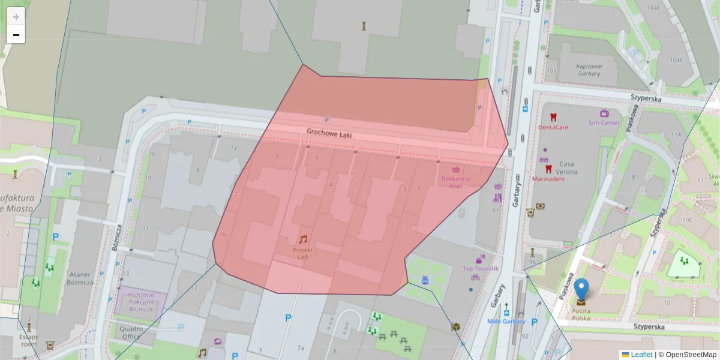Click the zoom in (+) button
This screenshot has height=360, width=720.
(x=16, y=17)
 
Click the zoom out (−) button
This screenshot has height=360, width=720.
(x=16, y=35)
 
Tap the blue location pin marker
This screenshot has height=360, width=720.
(x=581, y=289)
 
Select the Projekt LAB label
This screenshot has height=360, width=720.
(x=302, y=253)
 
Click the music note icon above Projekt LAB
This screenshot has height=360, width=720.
(x=303, y=239)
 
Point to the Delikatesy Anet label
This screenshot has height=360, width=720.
(x=455, y=182)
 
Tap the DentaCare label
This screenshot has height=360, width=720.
(x=553, y=127)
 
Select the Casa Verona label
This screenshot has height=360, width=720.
(x=568, y=167)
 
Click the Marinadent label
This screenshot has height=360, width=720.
(x=548, y=178)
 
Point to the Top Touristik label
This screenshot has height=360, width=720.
(x=481, y=268)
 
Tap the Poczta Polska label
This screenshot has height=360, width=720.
(x=580, y=314)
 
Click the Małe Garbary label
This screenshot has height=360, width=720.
(x=506, y=321)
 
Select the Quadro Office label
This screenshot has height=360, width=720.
(x=131, y=332)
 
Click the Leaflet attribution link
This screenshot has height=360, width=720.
(x=641, y=355)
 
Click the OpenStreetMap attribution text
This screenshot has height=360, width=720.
(x=691, y=355)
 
